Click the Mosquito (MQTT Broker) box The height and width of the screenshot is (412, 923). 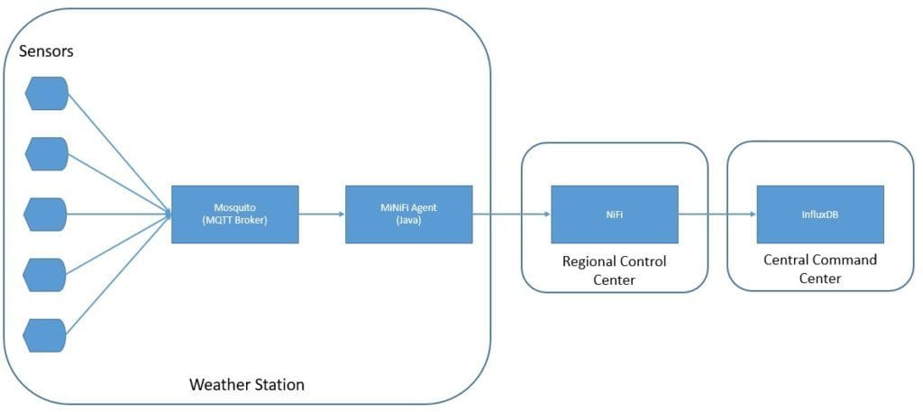coord(234,214)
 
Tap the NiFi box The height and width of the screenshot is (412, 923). coord(614,214)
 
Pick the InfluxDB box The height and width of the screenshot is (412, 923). coord(819,214)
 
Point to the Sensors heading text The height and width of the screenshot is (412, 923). coord(46,51)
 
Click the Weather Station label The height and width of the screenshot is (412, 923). coord(246,385)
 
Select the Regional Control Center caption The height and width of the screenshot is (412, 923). coord(614,270)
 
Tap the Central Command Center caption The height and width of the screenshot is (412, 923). coord(819,269)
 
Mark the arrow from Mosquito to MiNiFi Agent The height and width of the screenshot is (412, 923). coord(321,214)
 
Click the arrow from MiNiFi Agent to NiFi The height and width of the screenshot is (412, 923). coord(511,214)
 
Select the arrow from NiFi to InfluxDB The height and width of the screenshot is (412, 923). coord(717,214)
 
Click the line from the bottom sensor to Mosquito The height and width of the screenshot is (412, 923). coord(117,276)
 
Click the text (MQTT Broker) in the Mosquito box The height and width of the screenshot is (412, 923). coord(234,220)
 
